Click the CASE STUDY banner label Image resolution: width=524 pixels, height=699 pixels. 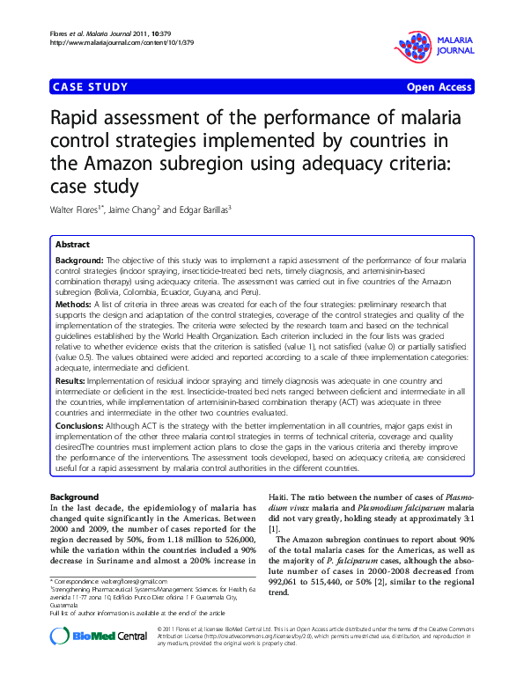coord(91,87)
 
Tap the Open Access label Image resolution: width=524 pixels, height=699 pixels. coord(439,87)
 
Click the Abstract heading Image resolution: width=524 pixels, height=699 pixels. coord(72,244)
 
